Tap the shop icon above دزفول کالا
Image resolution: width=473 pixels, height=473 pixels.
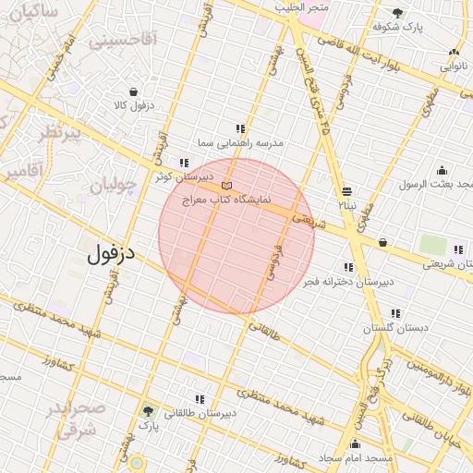tap(135, 92)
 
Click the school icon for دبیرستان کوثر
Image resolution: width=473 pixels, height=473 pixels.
tap(184, 163)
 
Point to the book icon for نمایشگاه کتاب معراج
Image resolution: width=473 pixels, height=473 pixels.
tap(227, 187)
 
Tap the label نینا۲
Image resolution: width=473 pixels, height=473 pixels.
tap(346, 204)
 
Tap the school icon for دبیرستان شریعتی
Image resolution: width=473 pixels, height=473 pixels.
tap(458, 249)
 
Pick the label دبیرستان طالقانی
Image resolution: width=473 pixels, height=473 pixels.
tap(200, 413)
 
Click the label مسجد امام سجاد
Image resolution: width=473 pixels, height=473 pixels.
tap(354, 458)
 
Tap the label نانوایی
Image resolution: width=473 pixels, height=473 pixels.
tap(452, 67)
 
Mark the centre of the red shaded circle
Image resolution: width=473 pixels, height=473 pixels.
tap(236, 236)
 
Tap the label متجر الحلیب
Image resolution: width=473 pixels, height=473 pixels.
tap(301, 7)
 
